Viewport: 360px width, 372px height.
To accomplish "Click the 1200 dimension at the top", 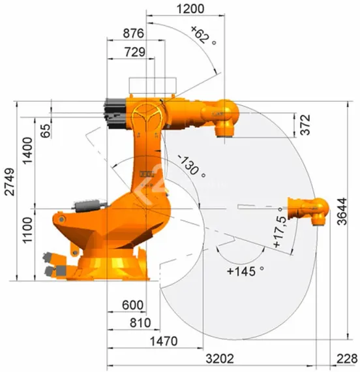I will point(190,8).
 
